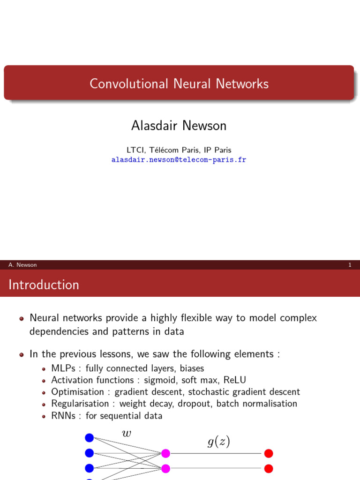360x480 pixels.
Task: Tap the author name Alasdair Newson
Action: coord(179,126)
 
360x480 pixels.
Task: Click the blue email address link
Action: coord(179,160)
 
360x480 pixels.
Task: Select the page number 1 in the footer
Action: coord(350,265)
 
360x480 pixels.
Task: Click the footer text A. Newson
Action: coord(22,265)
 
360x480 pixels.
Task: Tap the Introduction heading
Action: coord(44,285)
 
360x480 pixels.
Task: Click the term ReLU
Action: coord(235,380)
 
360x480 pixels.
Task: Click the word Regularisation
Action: coord(80,404)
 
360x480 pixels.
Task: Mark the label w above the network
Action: coord(127,434)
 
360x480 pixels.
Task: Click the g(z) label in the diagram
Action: coord(218,442)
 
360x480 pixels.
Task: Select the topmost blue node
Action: coord(90,438)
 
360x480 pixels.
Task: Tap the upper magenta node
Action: coord(165,453)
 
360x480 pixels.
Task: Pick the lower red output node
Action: coord(269,468)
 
